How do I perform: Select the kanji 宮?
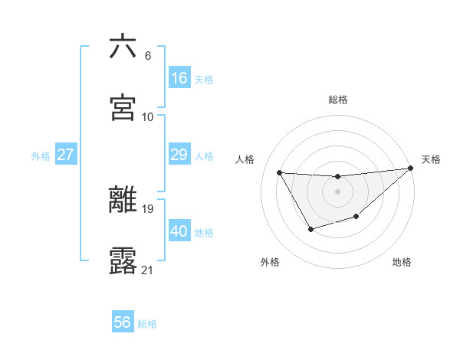click(x=123, y=107)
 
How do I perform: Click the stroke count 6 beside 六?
click(x=147, y=55)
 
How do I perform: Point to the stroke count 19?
click(x=148, y=208)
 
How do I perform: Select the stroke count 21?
click(x=148, y=270)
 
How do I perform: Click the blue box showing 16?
click(x=179, y=78)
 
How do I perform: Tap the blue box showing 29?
click(x=179, y=155)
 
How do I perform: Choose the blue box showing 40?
click(x=179, y=231)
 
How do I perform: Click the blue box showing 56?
click(x=123, y=322)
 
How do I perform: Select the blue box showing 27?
click(x=66, y=155)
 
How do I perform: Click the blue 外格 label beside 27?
click(x=41, y=155)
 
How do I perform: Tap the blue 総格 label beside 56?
click(x=147, y=324)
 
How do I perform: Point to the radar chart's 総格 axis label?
click(x=338, y=100)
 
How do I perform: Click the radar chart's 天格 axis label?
click(x=431, y=159)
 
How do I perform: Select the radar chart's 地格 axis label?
click(x=402, y=262)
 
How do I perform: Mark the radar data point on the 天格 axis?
click(x=410, y=169)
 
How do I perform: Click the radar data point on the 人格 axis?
click(x=280, y=172)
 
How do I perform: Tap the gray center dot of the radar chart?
click(x=337, y=191)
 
